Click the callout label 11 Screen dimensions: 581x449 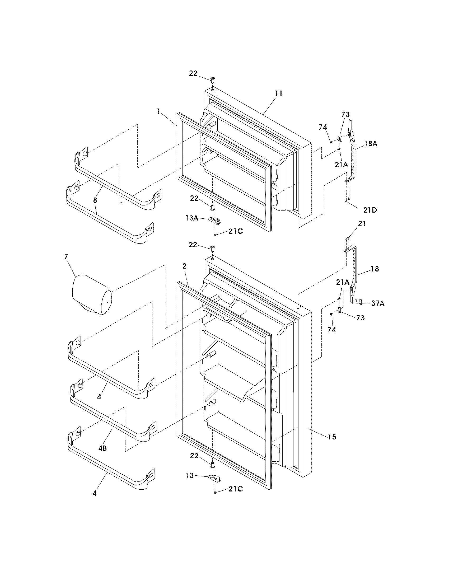[x=278, y=93]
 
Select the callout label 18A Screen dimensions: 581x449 [x=371, y=144]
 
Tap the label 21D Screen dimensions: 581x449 [x=370, y=210]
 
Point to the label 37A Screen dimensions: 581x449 [x=378, y=303]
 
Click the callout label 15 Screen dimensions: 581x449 [x=332, y=437]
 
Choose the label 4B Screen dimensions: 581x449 [x=102, y=448]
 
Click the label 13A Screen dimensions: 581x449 [x=192, y=218]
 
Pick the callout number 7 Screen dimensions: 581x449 [x=66, y=256]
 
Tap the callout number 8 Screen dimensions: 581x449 [x=95, y=200]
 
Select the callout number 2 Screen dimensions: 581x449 [x=184, y=266]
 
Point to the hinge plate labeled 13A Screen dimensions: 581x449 [x=214, y=220]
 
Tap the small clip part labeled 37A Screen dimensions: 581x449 [x=361, y=301]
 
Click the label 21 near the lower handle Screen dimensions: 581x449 [x=362, y=224]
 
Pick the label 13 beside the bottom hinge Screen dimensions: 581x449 [x=190, y=475]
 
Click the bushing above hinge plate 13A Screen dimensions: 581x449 [x=212, y=207]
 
